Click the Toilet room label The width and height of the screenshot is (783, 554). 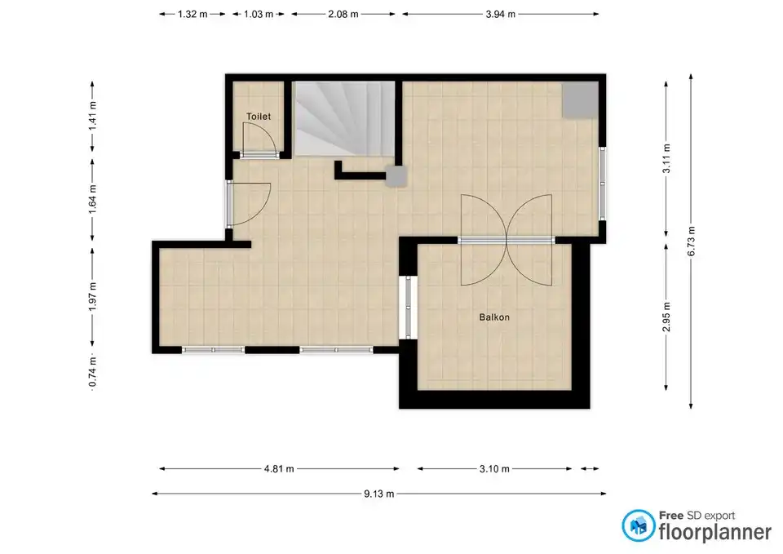pos(259,117)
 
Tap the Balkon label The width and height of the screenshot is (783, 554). pos(494,317)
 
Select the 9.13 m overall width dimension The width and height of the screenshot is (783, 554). pos(379,494)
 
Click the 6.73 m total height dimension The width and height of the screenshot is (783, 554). pos(692,242)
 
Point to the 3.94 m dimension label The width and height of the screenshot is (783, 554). pos(500,15)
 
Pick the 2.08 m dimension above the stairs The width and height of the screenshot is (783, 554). pos(343,15)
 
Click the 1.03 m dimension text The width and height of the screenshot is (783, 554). pos(259,15)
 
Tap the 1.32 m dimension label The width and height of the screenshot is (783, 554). pos(192,15)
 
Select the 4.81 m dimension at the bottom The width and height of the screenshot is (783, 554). pos(279,469)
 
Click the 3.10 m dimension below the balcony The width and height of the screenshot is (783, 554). pos(494,469)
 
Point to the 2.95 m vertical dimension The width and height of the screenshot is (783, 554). pos(666,317)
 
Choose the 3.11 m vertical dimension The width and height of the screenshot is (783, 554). pos(666,159)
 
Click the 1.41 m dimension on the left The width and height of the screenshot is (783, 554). pos(92,116)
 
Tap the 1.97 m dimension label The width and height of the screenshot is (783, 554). pos(92,297)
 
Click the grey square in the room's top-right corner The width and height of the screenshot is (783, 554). pos(580,100)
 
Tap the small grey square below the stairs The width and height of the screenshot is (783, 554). pos(396,176)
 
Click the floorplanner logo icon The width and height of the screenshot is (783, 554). pos(638,525)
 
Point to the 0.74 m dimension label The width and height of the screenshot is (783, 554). pos(92,372)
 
